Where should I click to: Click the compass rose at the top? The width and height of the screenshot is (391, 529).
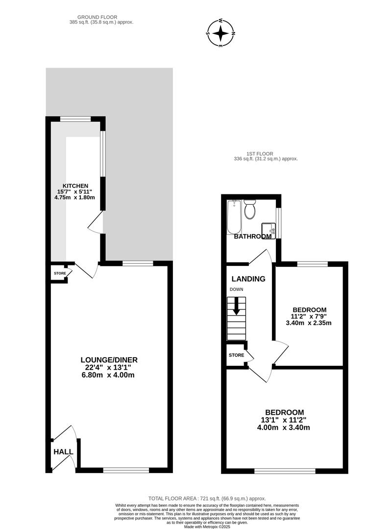[x=221, y=33]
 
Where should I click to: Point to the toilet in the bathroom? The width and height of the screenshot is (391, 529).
[x=250, y=210]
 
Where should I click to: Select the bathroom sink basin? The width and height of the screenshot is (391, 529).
[x=269, y=229]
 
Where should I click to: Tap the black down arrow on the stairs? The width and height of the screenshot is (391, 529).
[x=237, y=307]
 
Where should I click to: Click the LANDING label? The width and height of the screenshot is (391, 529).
[x=248, y=279]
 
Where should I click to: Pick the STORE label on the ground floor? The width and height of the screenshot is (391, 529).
[x=60, y=273]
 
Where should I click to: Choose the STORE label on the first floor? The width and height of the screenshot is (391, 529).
[x=236, y=355]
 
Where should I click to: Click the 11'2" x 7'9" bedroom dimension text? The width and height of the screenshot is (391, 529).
[x=309, y=316]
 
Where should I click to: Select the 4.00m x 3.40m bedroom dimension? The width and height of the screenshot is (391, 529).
[x=284, y=428]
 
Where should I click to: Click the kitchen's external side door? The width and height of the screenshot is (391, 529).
[x=97, y=223]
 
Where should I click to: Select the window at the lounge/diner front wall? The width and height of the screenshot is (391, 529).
[x=126, y=470]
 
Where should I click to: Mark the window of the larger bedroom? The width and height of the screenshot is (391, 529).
[x=285, y=471]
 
